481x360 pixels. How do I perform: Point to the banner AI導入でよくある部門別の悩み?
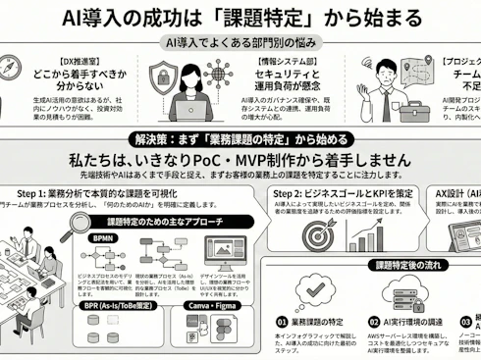[239, 44]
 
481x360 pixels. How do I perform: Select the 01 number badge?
[283, 321]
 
